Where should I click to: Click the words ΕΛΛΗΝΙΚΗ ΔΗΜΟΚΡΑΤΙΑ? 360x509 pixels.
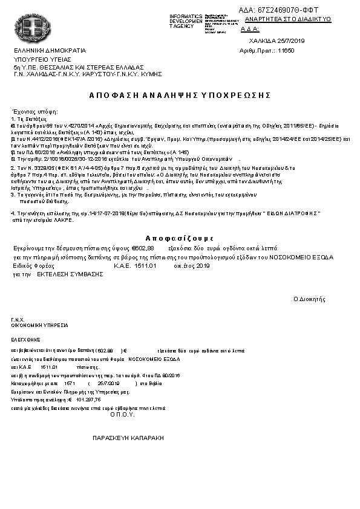pyautogui.click(x=50, y=50)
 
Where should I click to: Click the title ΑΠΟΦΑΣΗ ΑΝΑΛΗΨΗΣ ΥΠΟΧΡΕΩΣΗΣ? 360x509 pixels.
pyautogui.click(x=179, y=96)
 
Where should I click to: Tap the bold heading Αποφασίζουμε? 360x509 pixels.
pyautogui.click(x=180, y=236)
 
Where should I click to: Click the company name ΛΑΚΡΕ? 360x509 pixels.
pyautogui.click(x=65, y=219)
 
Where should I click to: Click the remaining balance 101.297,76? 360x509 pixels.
pyautogui.click(x=89, y=399)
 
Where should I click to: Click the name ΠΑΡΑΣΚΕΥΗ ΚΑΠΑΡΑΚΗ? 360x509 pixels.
pyautogui.click(x=128, y=436)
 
